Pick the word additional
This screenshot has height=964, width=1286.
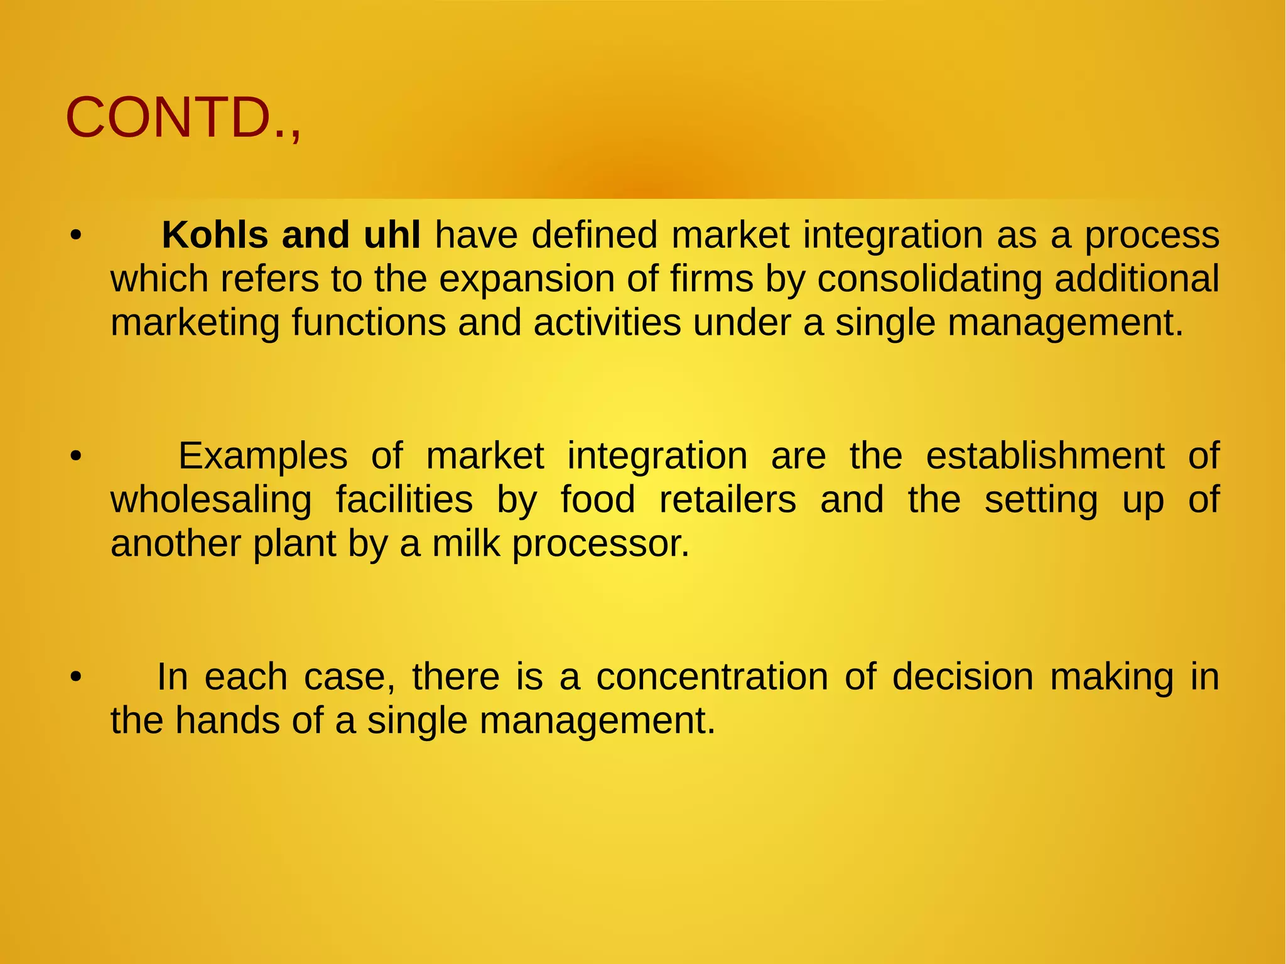point(1137,279)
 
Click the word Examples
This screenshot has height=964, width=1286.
point(262,456)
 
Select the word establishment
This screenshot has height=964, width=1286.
point(1045,456)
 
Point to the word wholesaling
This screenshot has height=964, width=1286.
point(211,500)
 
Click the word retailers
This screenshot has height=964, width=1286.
point(728,500)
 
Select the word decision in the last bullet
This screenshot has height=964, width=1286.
point(963,677)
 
